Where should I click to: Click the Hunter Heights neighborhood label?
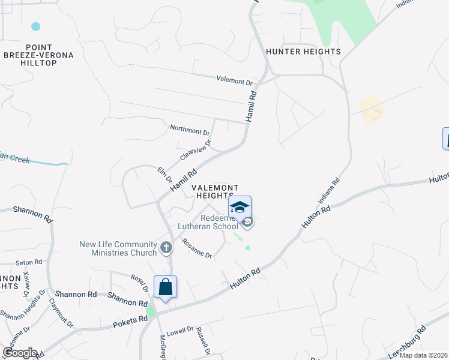point(303,52)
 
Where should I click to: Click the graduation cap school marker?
point(240,207)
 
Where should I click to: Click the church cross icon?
point(166,247)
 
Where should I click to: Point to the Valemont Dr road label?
point(234,80)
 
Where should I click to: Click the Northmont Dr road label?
point(190,129)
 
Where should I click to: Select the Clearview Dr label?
point(196,151)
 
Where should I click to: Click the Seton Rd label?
point(29,262)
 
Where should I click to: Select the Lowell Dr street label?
point(179,330)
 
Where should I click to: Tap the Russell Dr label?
point(203,341)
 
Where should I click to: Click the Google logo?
point(20,353)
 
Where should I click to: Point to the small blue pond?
point(36,26)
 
